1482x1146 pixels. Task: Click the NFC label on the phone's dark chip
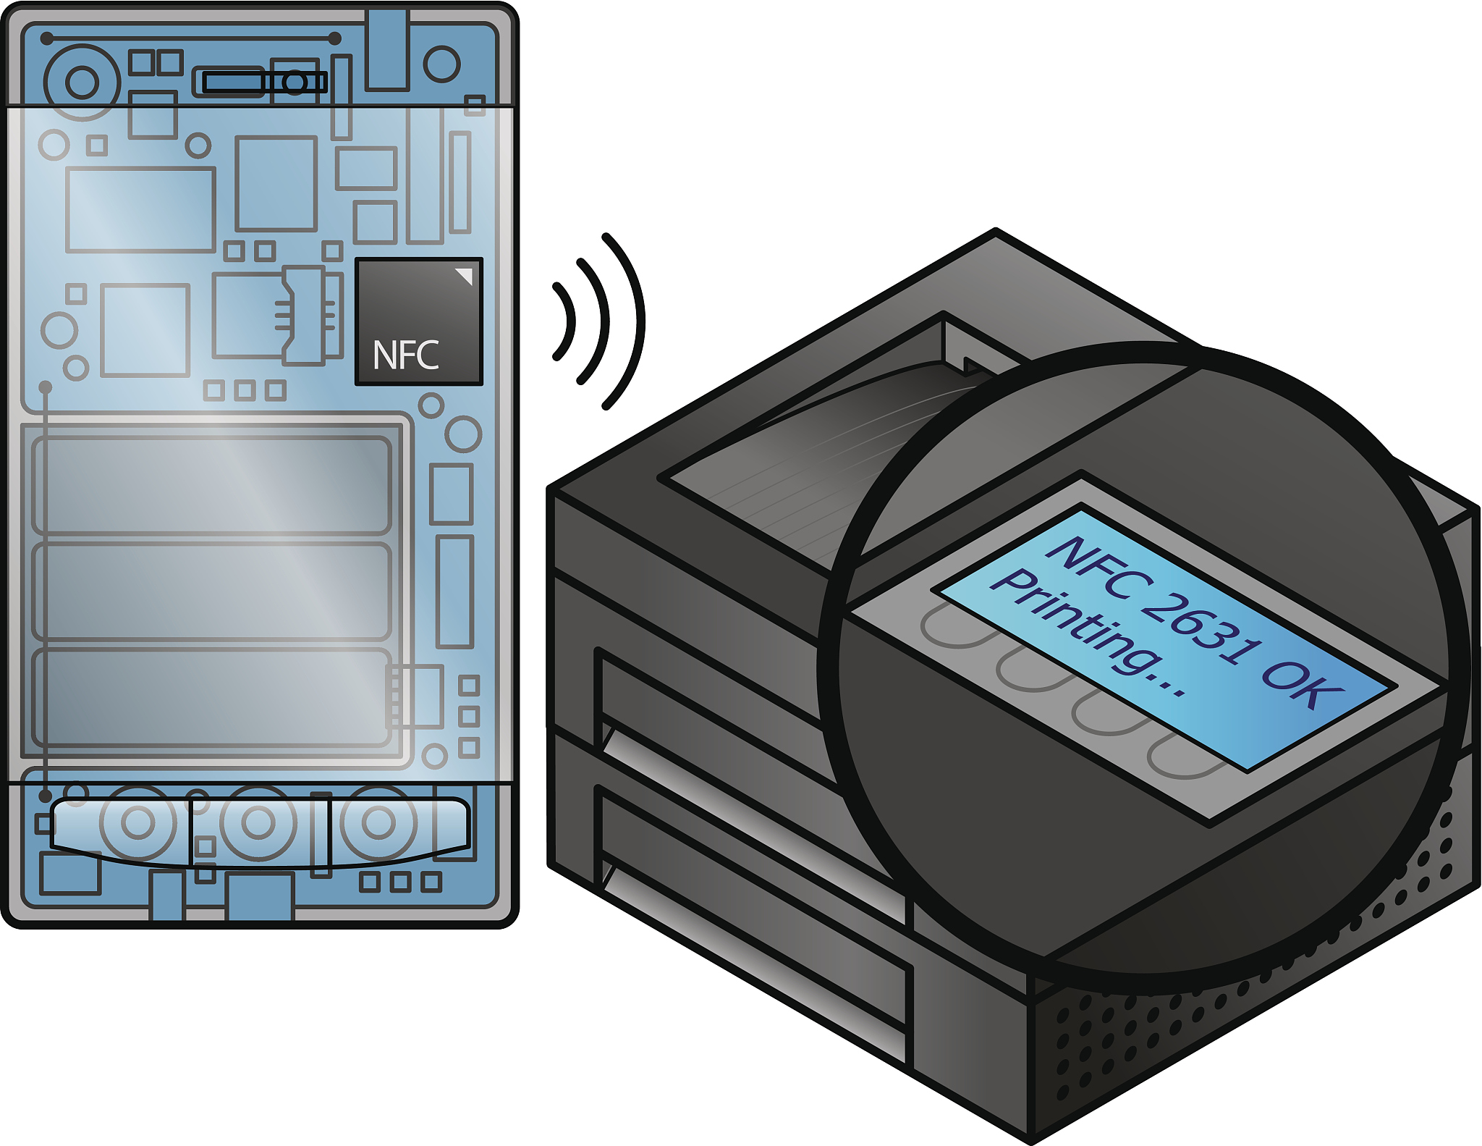(x=405, y=355)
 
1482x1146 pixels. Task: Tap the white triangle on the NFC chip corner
(x=465, y=275)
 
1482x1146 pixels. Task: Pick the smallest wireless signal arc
(x=565, y=321)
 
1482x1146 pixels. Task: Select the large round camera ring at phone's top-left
(x=82, y=82)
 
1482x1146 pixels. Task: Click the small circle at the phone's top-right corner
(x=441, y=64)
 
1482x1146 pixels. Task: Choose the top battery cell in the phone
(x=212, y=485)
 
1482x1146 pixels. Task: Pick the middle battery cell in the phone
(x=212, y=591)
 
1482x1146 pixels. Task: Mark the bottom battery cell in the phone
(x=212, y=697)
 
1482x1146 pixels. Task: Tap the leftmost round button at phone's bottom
(x=137, y=822)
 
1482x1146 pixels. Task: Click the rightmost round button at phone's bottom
(x=378, y=822)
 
